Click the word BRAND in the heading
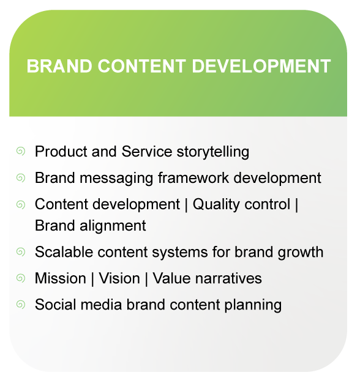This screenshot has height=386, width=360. point(56,66)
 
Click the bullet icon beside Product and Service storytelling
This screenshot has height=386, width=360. point(21,150)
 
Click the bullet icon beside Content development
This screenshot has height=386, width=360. point(21,204)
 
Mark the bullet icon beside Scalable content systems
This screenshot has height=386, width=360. point(21,251)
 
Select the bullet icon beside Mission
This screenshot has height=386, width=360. point(21,278)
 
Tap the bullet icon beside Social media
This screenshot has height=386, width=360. point(21,304)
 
